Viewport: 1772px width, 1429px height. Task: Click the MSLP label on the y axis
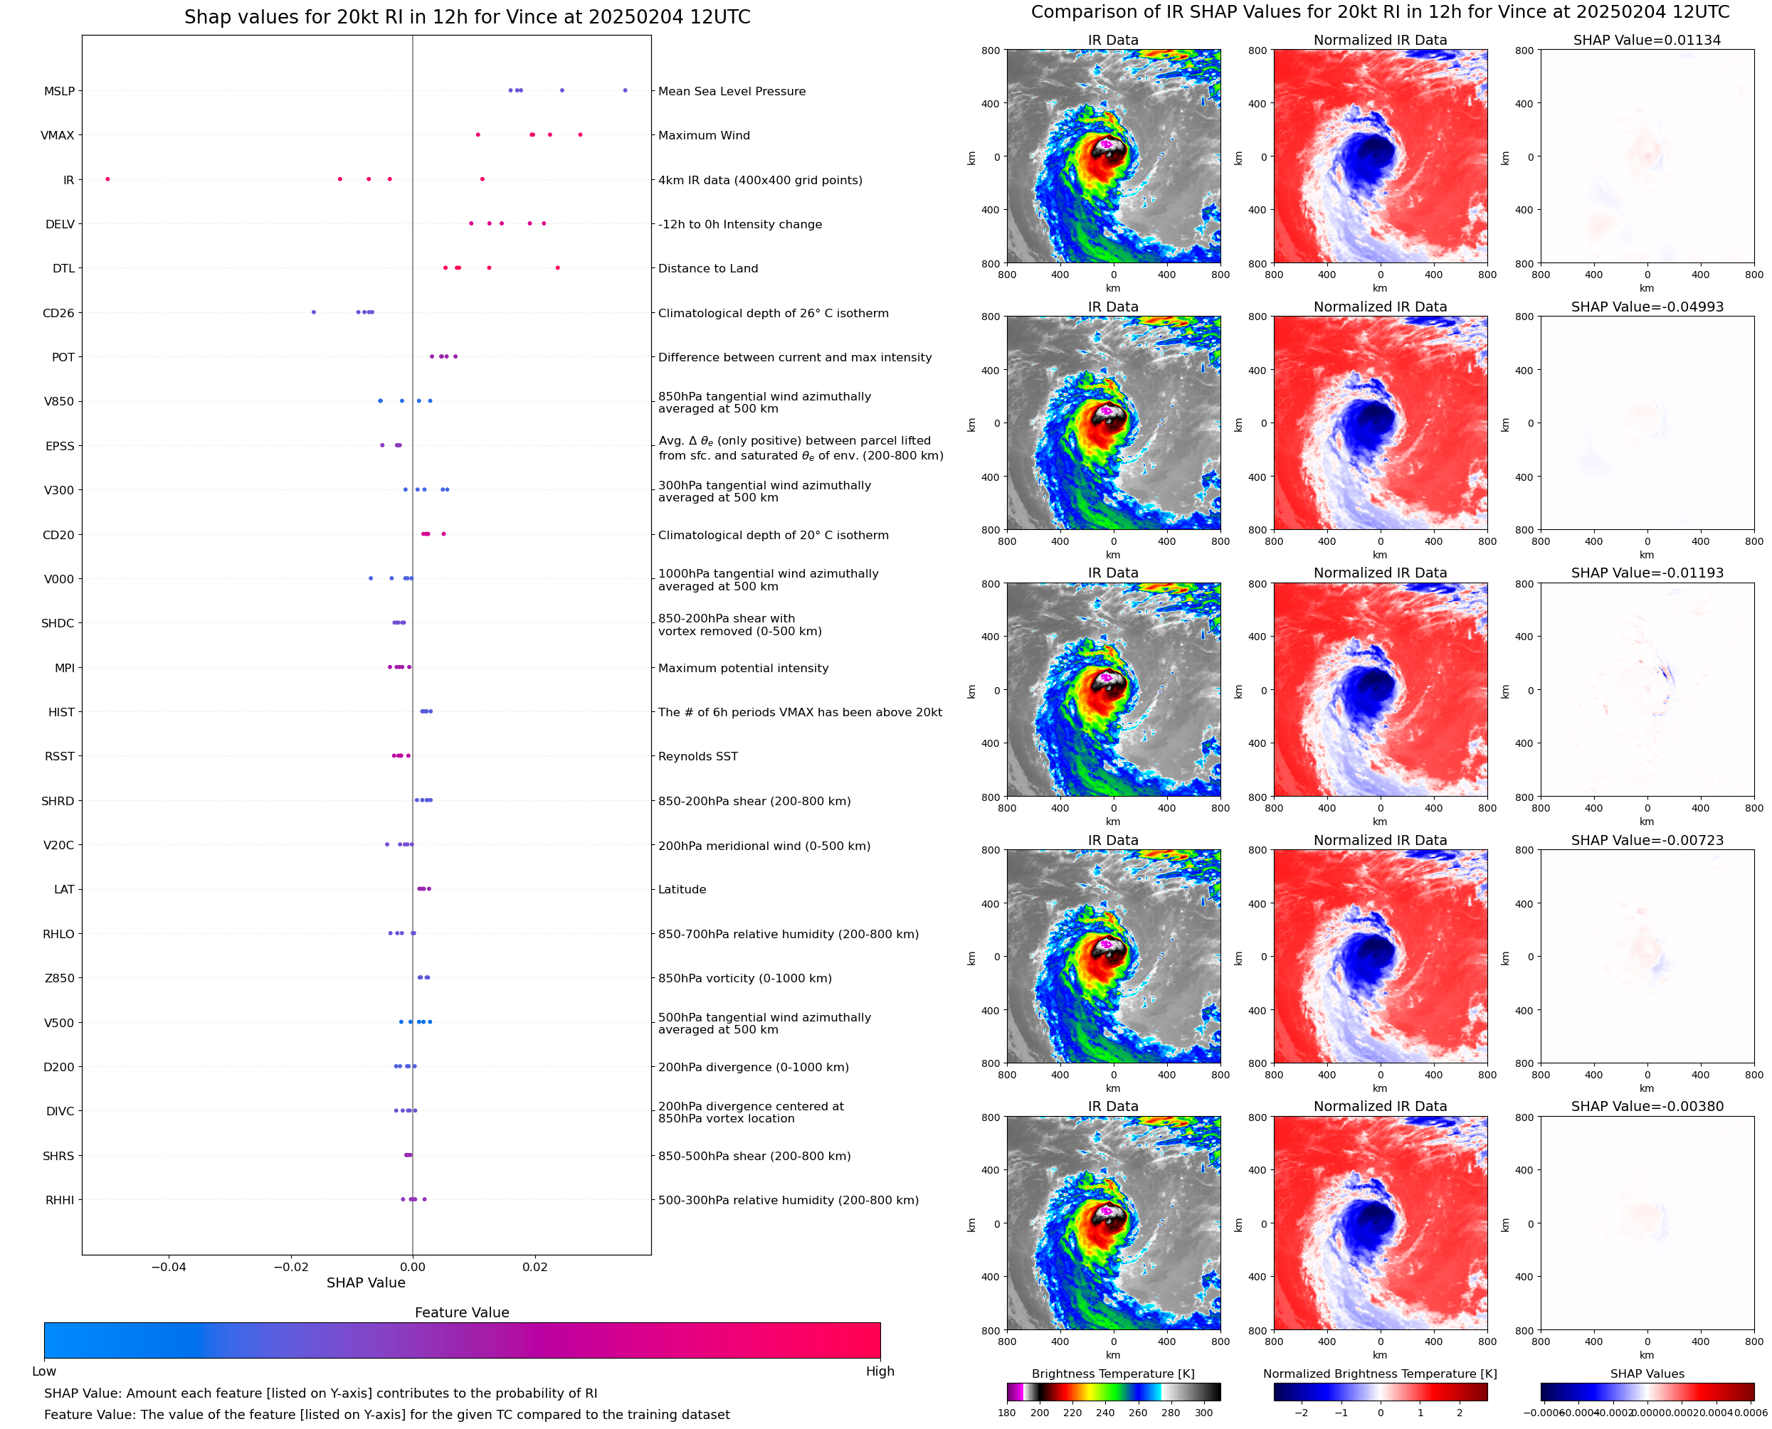click(58, 91)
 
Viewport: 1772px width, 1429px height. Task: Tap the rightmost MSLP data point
click(625, 90)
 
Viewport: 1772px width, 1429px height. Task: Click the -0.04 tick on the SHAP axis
click(168, 1267)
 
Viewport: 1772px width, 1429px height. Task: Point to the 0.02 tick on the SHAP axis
click(534, 1267)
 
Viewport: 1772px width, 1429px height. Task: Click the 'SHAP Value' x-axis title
click(366, 1282)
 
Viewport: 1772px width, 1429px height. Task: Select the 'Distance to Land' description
click(707, 268)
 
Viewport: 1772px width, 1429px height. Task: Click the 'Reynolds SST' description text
click(697, 757)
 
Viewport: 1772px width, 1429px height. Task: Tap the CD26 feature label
click(58, 313)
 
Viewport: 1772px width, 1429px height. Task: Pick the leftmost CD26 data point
click(314, 312)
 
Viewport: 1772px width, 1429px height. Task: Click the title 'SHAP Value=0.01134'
click(1647, 40)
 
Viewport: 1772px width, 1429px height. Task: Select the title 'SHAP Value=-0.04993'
click(1647, 306)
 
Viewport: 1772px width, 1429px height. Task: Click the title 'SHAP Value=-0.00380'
click(1647, 1106)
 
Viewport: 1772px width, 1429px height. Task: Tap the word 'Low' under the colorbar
click(43, 1371)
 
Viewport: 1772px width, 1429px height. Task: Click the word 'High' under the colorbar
click(880, 1371)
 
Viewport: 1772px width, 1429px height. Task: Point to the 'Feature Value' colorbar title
click(462, 1312)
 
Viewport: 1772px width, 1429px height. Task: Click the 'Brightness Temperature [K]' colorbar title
click(1112, 1374)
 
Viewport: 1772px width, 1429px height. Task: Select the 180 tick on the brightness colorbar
click(1007, 1413)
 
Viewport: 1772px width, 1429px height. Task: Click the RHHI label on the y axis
click(59, 1200)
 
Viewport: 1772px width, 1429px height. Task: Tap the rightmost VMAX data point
click(581, 134)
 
